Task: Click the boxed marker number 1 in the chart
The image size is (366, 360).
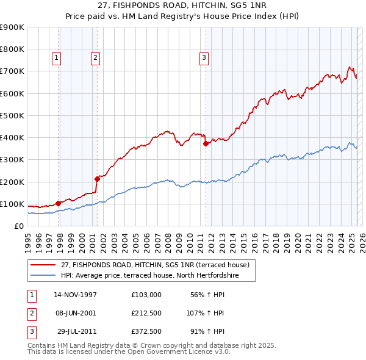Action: click(x=56, y=58)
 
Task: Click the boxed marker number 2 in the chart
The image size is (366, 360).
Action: click(x=96, y=58)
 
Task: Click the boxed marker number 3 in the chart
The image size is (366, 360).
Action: click(x=203, y=58)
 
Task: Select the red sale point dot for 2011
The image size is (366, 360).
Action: click(x=206, y=144)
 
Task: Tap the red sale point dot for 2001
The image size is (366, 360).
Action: click(x=97, y=179)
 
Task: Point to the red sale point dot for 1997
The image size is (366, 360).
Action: click(x=59, y=203)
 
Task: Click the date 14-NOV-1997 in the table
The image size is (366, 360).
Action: click(x=75, y=294)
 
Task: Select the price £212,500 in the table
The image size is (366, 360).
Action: click(x=146, y=313)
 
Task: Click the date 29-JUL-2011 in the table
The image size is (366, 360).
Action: click(x=75, y=332)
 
